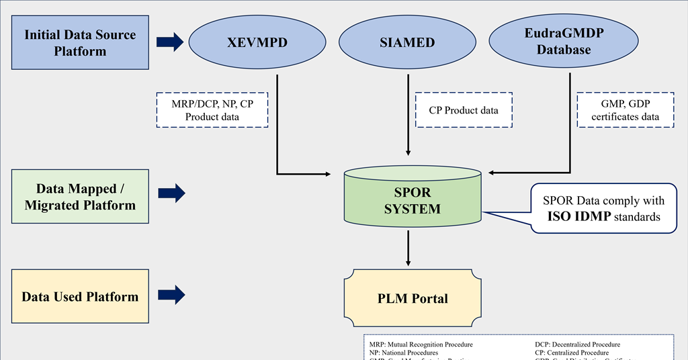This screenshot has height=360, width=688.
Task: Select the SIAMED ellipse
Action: point(407,42)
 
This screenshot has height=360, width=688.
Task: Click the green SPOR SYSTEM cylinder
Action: point(413,199)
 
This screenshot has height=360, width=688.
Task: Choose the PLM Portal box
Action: point(413,298)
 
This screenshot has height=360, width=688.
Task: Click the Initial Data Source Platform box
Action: point(80,42)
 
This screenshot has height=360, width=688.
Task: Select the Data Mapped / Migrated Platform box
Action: point(80,197)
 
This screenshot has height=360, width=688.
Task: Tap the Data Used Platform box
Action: point(80,297)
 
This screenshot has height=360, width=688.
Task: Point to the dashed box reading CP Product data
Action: point(464,110)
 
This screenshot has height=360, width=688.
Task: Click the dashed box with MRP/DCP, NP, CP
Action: point(212,109)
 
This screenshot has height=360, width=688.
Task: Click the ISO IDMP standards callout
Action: point(603,208)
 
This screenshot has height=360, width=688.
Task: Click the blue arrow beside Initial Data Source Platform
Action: point(170,42)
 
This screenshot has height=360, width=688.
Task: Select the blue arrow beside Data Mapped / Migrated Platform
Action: point(170,194)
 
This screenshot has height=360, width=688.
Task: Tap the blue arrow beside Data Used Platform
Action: point(170,294)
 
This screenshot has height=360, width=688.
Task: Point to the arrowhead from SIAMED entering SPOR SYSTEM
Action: point(408,152)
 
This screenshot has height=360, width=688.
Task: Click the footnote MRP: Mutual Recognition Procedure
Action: point(421,345)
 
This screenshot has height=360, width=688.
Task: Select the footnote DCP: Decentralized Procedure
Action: point(577,345)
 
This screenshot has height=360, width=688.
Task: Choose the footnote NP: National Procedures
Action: point(403,353)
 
